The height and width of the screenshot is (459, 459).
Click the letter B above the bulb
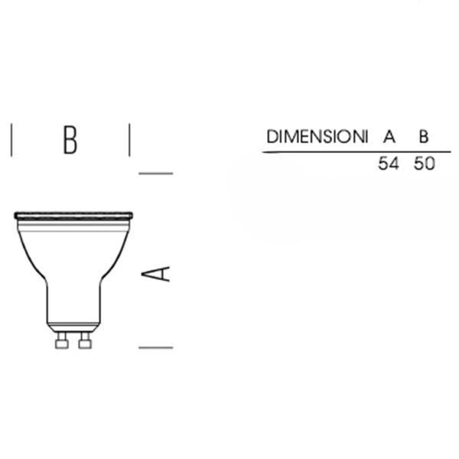pos(70,140)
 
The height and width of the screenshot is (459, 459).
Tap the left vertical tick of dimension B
pos(12,140)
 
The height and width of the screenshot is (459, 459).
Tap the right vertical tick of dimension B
pos(129,140)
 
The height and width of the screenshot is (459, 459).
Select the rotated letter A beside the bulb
pos(158,273)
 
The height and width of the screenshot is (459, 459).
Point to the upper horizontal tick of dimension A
pos(155,173)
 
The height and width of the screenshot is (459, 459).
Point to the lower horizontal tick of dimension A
pos(155,347)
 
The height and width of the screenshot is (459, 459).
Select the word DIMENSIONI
pos(314,138)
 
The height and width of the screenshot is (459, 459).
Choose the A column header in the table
pos(389,138)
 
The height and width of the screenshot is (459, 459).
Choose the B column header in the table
pos(423,138)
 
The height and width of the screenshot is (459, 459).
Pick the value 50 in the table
pos(424,164)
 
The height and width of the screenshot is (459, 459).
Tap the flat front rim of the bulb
pos(73,215)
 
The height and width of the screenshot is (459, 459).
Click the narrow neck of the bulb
pos(73,306)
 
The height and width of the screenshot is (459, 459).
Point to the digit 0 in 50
pos(430,164)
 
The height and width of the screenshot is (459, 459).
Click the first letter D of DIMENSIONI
pos(272,138)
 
